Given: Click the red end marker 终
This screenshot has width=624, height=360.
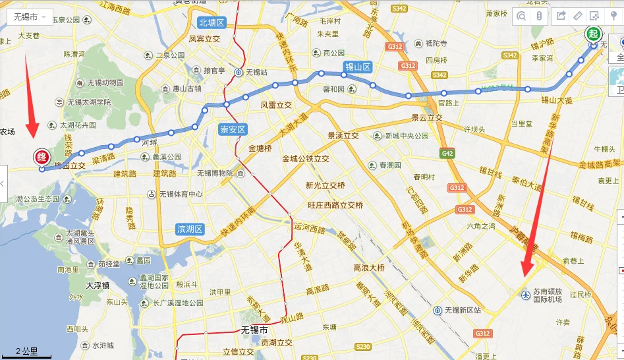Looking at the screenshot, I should tap(42, 157).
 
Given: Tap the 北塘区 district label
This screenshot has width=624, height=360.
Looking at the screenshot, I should tap(212, 23).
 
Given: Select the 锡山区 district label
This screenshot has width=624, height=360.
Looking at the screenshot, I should tap(358, 67).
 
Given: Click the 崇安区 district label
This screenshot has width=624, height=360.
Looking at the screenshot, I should tap(232, 130).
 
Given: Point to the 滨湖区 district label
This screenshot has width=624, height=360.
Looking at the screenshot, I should tap(190, 229).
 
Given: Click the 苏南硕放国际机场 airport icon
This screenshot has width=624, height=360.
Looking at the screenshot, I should tap(525, 295).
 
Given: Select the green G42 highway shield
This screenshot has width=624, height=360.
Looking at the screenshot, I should tap(448, 154).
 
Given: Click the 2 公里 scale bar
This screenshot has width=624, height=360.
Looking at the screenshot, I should tap(26, 353).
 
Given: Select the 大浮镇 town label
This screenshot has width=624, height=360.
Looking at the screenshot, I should tap(101, 286).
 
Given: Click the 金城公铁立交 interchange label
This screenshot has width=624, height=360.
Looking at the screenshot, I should tap(306, 159).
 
